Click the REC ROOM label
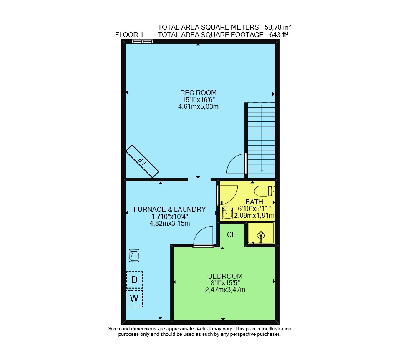point(198,93)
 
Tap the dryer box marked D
point(135,279)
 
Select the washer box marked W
point(135,299)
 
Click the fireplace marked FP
point(143,161)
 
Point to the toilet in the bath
point(264,191)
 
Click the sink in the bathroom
point(227,213)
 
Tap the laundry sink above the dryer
point(134,255)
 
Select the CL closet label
point(231,235)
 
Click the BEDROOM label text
point(225,276)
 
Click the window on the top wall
point(143,41)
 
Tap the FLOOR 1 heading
point(129,35)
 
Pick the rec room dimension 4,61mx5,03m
point(198,106)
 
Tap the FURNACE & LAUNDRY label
point(170,209)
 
